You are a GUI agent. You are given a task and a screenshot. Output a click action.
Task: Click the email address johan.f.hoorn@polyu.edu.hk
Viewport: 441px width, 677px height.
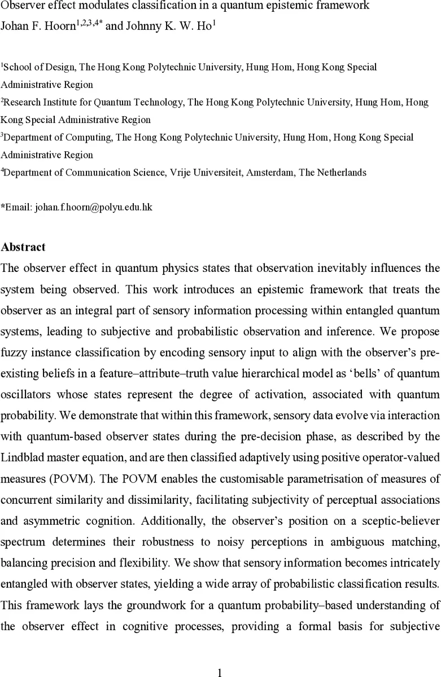pos(93,207)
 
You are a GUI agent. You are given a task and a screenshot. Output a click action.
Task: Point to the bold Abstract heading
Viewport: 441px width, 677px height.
pos(23,247)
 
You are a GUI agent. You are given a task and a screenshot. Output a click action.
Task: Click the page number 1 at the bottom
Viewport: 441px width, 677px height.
pos(220,656)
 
